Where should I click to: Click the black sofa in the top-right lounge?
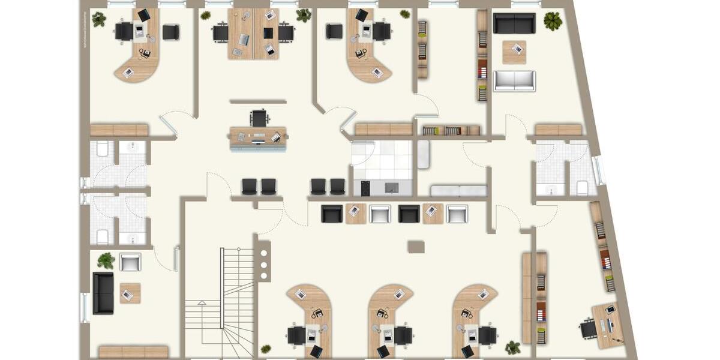click(514, 23)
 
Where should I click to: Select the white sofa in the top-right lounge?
click(514, 80)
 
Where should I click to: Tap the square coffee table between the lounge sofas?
click(514, 52)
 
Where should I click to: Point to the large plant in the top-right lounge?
click(553, 21)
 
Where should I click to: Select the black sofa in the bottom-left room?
click(103, 293)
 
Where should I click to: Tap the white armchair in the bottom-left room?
click(130, 262)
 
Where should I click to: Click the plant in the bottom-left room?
click(106, 260)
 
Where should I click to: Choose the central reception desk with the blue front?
click(258, 138)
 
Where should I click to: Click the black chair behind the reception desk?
click(259, 118)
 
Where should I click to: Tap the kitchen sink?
click(392, 187)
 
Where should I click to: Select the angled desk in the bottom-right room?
click(609, 325)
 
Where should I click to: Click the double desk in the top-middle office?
click(253, 34)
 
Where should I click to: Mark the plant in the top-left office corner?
click(99, 19)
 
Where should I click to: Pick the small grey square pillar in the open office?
click(416, 247)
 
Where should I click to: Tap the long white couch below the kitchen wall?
click(459, 191)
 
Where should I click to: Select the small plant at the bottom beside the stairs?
click(265, 349)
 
